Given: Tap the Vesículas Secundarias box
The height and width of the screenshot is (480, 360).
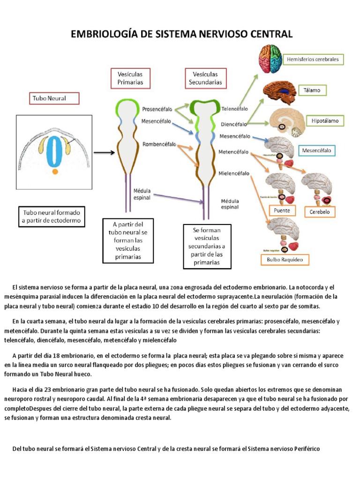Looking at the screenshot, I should pos(206,78).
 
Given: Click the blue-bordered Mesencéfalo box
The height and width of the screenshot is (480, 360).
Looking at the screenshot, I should pos(316,151).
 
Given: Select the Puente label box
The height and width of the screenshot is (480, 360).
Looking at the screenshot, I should pos(282,211).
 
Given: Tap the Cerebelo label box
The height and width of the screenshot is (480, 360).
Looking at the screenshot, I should pos(320,212).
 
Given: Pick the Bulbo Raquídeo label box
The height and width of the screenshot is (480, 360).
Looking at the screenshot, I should pos(285,259).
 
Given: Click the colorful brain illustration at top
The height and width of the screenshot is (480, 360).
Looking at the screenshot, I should pos(272,59).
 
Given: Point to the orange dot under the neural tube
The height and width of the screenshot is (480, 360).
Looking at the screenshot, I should pos(55,172).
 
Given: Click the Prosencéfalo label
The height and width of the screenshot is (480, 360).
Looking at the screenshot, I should pos(157,109).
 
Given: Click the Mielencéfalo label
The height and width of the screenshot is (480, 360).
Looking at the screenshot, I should pos(234,173).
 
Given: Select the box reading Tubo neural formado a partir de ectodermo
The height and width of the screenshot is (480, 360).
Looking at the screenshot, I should pos(51,216).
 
